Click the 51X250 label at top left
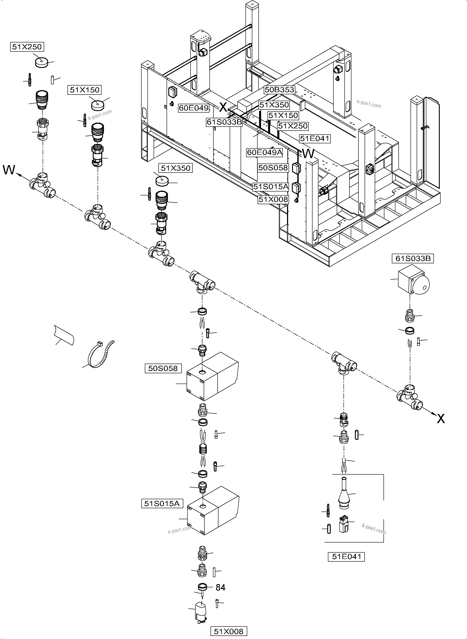(x=27, y=47)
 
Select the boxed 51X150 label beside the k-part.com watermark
(x=85, y=90)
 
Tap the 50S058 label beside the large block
(x=163, y=368)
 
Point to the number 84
(x=220, y=588)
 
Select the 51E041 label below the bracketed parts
(x=346, y=556)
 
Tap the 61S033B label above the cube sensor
(x=413, y=259)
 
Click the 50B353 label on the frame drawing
(x=279, y=90)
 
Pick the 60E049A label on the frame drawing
(x=265, y=152)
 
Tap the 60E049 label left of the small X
(x=194, y=108)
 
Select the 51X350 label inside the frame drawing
(x=274, y=105)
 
